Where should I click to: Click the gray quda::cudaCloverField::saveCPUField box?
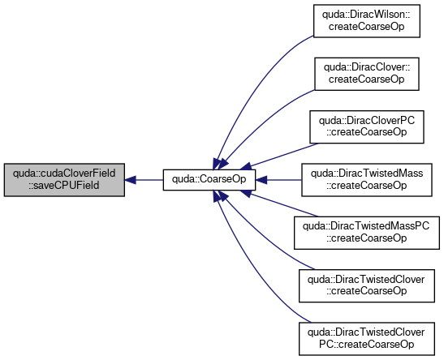[64, 179]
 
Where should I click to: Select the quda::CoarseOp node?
[209, 179]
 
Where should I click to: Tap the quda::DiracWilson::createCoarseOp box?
[366, 20]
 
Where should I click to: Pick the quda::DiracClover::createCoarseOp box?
[367, 74]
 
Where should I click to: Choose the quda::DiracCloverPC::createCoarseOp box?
[367, 126]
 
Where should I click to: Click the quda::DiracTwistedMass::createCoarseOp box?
[367, 179]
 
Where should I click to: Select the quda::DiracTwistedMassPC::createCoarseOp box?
[367, 233]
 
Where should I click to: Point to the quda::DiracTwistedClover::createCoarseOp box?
[367, 285]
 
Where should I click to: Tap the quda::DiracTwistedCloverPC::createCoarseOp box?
[367, 338]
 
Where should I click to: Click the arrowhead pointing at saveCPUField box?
[130, 180]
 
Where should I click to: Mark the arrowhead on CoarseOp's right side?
[261, 180]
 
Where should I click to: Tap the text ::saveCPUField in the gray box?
[63, 186]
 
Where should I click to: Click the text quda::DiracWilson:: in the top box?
[366, 15]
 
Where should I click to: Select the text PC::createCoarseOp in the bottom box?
[367, 345]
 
